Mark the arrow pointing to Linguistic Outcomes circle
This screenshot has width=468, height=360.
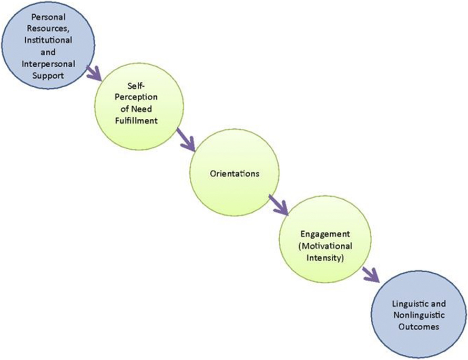[x=370, y=273]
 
